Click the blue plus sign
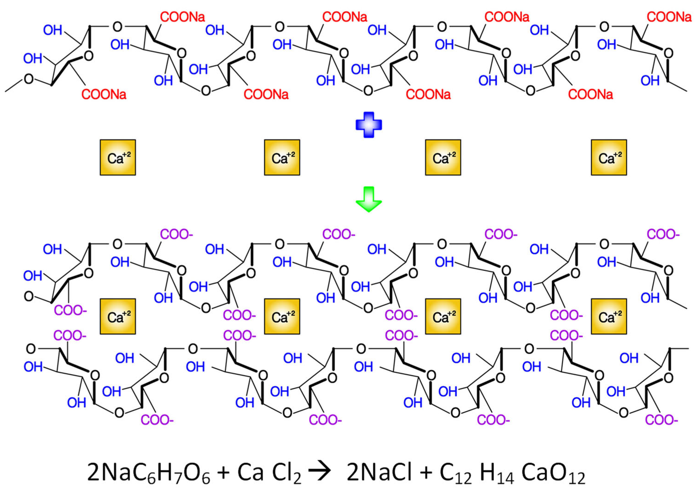pyautogui.click(x=368, y=125)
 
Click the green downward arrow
pyautogui.click(x=368, y=199)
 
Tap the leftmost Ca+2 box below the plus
pyautogui.click(x=118, y=158)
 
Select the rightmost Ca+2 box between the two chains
pyautogui.click(x=609, y=317)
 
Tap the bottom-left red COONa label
pyautogui.click(x=104, y=95)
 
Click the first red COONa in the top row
pyautogui.click(x=183, y=17)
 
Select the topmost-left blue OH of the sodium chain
pyautogui.click(x=53, y=30)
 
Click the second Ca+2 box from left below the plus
pyautogui.click(x=282, y=158)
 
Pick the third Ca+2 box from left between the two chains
pyautogui.click(x=443, y=317)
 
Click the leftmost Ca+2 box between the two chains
pyautogui.click(x=118, y=317)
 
